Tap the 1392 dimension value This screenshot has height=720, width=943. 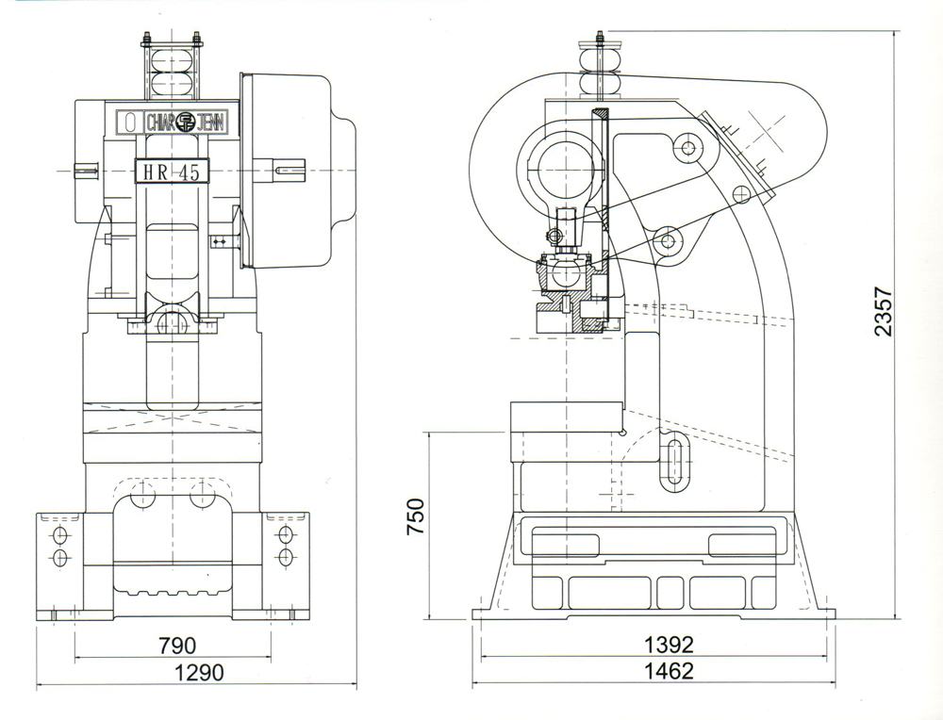coord(669,645)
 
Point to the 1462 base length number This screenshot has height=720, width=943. coord(669,672)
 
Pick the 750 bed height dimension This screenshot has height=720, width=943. coord(416,517)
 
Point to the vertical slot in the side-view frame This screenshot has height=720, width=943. coord(676,464)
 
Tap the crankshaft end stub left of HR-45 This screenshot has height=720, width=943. coord(87,171)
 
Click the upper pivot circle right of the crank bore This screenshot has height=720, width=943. coord(686,147)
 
